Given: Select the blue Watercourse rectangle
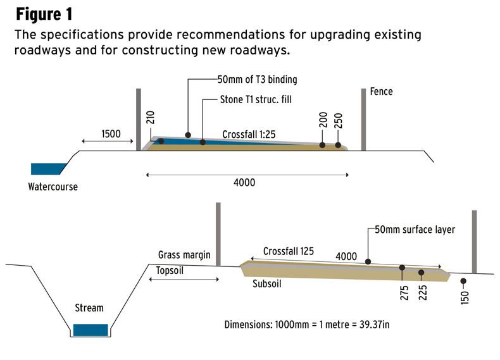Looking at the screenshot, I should tap(47, 169).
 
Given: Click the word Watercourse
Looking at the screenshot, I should tap(53, 187).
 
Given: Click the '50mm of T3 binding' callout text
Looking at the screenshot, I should tap(257, 80).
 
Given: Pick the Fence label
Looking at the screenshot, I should tap(382, 92).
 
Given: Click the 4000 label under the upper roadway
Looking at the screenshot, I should tap(244, 183).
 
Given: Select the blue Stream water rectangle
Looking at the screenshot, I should tap(90, 330).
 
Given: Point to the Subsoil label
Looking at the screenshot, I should tap(263, 284).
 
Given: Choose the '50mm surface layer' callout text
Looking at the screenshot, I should tap(415, 230).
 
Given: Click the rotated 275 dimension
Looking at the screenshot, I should tap(404, 292).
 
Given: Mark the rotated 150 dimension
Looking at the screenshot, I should tap(464, 295).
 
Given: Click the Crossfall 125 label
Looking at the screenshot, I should tap(289, 251).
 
